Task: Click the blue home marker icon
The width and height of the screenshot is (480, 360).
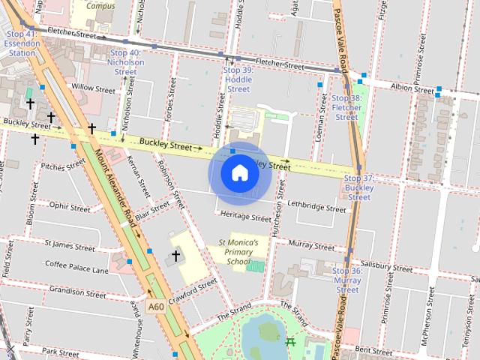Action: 239,173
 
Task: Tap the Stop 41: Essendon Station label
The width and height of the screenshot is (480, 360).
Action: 21,43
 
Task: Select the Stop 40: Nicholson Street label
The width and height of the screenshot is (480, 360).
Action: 125,62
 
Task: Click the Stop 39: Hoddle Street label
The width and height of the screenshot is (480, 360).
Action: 238,79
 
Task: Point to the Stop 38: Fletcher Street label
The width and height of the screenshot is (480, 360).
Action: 346,107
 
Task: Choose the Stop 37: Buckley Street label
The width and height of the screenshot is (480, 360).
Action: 359,187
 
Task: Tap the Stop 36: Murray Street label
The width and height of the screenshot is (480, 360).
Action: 347,280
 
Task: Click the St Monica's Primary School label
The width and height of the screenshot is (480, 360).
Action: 238,252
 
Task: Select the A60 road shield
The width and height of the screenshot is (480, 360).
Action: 156,307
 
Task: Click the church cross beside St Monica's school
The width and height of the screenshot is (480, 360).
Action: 175,256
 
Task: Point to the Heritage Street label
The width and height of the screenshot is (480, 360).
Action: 246,217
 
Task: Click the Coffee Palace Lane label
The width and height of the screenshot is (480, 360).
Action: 76,266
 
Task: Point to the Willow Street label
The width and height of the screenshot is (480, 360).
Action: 92,88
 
